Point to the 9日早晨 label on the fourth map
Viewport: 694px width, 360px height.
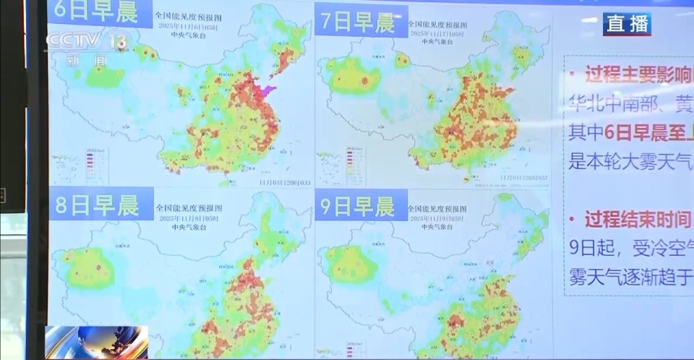[x=357, y=207]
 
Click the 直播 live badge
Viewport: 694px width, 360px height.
[x=627, y=23]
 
